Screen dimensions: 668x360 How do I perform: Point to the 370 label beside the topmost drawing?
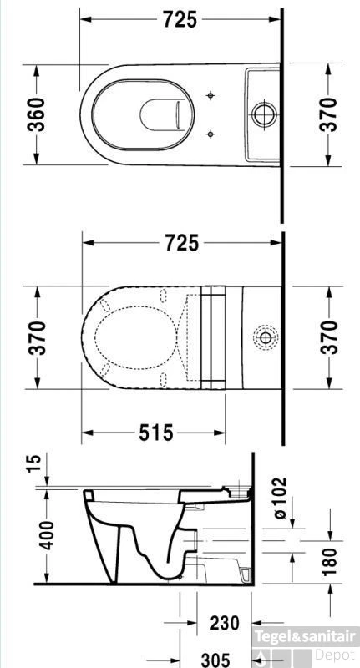(x=330, y=114)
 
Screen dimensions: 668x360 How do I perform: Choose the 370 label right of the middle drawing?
(x=330, y=337)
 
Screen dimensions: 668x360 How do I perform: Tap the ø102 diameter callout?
(x=278, y=498)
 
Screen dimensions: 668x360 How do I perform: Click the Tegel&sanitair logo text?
(x=307, y=636)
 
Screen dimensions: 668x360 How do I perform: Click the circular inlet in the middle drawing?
(x=265, y=337)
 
